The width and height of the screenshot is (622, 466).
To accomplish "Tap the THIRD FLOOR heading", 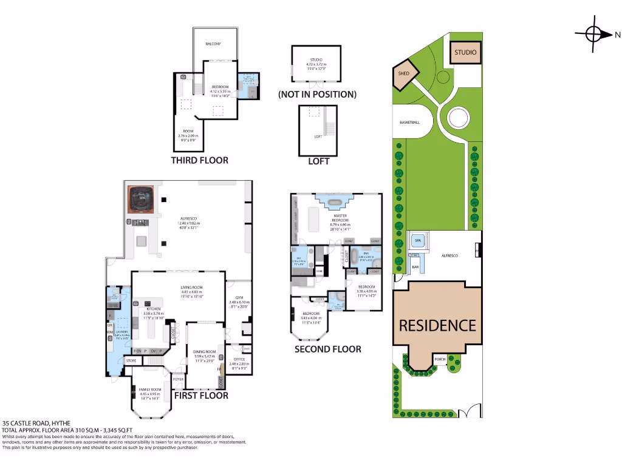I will click(x=199, y=160).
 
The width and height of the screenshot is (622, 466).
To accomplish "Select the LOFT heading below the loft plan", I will click(x=318, y=161).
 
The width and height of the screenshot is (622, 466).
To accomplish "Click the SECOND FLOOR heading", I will click(x=327, y=349).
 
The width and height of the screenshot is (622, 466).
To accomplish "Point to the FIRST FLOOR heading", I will click(x=201, y=395).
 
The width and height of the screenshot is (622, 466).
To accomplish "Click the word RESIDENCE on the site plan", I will click(x=437, y=325).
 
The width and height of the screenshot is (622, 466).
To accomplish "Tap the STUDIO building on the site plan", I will click(x=465, y=53).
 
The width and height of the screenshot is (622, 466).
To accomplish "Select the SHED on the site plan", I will click(x=404, y=73).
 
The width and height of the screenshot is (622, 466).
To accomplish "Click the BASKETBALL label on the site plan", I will click(x=410, y=123).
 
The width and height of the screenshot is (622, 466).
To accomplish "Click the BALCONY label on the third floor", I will click(x=213, y=44).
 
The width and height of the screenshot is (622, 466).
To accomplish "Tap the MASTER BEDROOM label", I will click(x=340, y=218).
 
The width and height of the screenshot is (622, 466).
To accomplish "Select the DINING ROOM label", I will click(x=204, y=352).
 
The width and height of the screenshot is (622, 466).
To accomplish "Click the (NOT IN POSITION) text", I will click(x=317, y=95).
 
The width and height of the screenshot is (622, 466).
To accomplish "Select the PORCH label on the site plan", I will click(x=440, y=359).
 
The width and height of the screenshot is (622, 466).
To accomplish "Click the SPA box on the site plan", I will click(x=418, y=241).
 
